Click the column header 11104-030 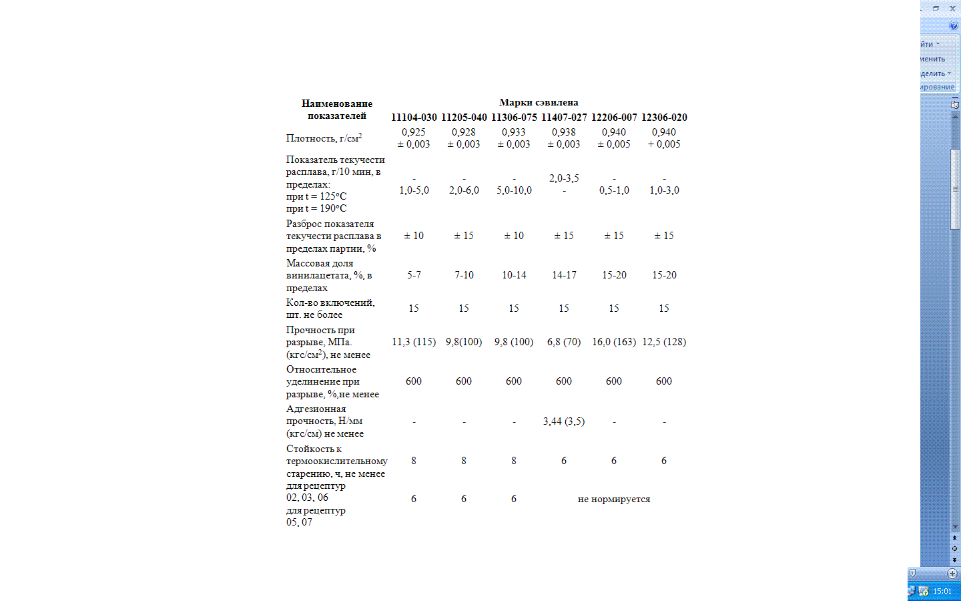point(414,118)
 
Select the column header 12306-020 point(664,118)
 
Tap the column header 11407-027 point(564,118)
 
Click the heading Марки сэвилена point(539,103)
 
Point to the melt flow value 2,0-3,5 point(564,178)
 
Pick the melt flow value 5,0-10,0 point(514,190)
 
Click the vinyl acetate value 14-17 point(564,275)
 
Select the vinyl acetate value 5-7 point(414,275)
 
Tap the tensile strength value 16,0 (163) point(614,342)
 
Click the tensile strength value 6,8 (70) point(564,342)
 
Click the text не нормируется point(614,499)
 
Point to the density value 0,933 point(514,132)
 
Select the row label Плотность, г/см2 point(324,138)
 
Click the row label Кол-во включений point(330,303)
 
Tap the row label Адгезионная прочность point(316,409)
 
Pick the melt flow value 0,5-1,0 point(614,190)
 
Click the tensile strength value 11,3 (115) point(414,342)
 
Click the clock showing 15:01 point(942,591)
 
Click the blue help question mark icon point(954,25)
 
